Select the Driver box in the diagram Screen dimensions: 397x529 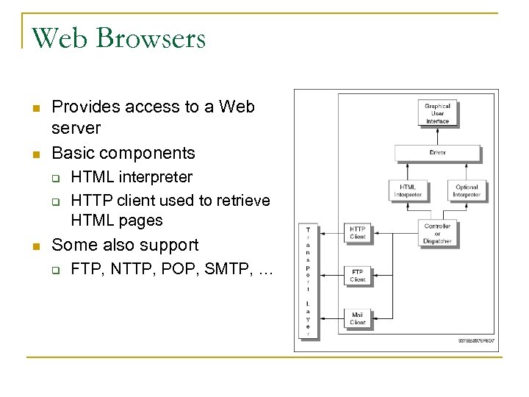[437, 153]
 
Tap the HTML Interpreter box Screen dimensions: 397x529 [408, 191]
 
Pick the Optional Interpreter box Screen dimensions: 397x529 [466, 191]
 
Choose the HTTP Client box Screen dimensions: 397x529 [357, 232]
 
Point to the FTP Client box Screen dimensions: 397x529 [357, 276]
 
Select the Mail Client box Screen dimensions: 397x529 [357, 318]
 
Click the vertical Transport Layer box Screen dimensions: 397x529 [307, 282]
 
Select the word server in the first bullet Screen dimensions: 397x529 [76, 129]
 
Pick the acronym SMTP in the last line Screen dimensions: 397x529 [221, 270]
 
